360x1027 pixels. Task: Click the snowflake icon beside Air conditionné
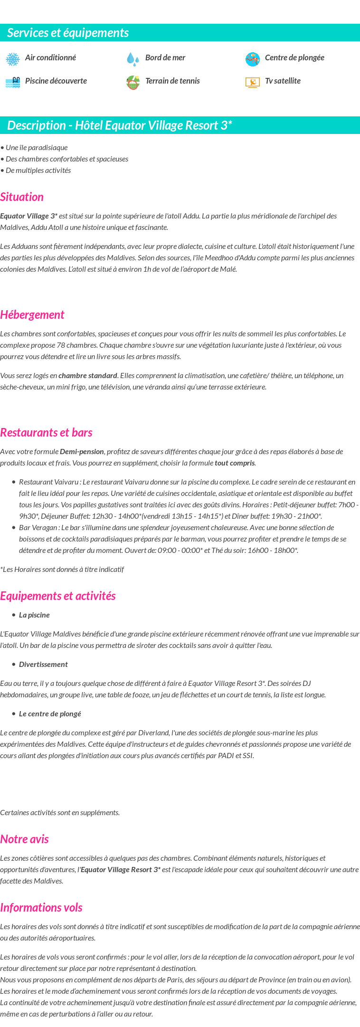(x=13, y=59)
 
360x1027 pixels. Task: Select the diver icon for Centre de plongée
(x=253, y=59)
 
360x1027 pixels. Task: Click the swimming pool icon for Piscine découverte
(x=13, y=82)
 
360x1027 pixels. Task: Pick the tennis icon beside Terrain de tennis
(x=133, y=82)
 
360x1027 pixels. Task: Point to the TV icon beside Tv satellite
(x=253, y=82)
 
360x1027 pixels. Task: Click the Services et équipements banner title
(x=68, y=33)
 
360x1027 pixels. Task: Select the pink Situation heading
(x=22, y=197)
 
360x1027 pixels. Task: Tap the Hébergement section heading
(x=32, y=314)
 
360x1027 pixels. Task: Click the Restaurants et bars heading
(x=46, y=432)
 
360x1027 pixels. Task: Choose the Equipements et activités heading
(x=58, y=596)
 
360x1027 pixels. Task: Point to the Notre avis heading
(x=24, y=839)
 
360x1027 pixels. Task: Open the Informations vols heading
(x=41, y=907)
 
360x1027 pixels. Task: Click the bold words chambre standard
(x=88, y=375)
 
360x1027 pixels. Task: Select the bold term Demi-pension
(x=82, y=451)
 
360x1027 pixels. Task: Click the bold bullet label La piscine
(x=34, y=615)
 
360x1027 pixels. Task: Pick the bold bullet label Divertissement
(x=43, y=664)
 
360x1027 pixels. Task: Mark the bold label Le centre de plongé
(x=50, y=713)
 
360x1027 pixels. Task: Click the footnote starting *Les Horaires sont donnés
(x=62, y=569)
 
